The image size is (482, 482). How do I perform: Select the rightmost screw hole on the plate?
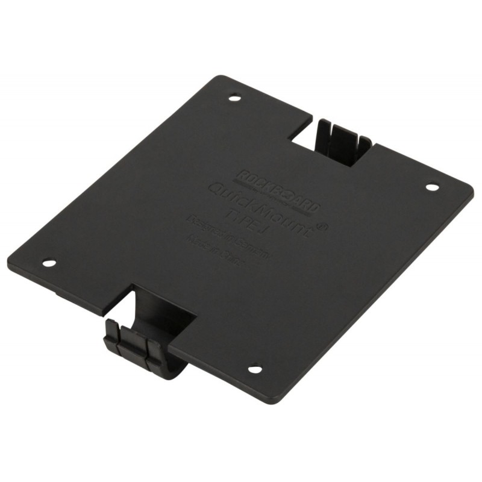click(431, 187)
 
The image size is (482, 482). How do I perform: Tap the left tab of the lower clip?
click(113, 335)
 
